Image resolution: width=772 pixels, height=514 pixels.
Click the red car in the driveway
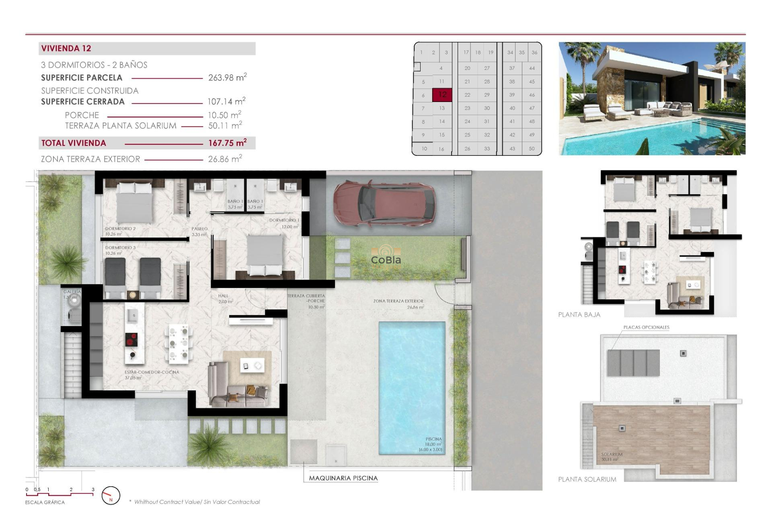pos(384,204)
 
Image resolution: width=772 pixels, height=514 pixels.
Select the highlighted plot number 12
pos(442,95)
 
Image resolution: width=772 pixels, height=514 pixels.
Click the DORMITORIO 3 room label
pos(120,248)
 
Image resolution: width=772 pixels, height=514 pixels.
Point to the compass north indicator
pos(111,496)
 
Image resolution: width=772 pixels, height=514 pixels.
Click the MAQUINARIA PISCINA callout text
pos(343,478)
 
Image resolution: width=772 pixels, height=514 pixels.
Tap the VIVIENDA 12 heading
pos(66,49)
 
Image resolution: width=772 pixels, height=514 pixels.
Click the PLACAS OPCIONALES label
pos(646,327)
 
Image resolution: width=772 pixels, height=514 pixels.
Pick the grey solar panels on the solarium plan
pos(633,363)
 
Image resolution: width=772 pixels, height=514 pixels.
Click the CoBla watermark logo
pos(386,257)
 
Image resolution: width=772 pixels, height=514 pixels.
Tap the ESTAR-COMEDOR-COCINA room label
pos(152,372)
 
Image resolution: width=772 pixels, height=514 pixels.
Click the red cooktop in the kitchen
pos(131,340)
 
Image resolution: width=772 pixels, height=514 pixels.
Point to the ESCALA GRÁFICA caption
pos(45,502)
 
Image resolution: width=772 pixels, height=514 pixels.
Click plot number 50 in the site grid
pos(532,149)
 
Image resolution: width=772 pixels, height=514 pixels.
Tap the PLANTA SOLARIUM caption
pos(587,479)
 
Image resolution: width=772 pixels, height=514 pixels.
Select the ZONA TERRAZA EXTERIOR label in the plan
pos(398,301)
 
